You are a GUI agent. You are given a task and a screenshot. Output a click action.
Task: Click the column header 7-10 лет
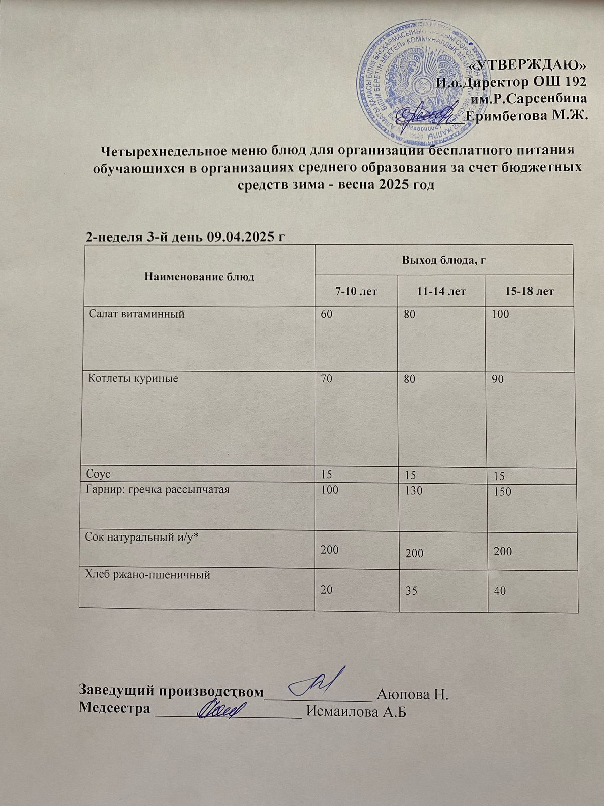click(356, 291)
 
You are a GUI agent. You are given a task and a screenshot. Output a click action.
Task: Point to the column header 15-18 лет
click(529, 291)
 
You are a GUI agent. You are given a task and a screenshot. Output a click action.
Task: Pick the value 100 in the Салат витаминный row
click(501, 315)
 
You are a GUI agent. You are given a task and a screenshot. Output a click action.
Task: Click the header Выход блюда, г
click(444, 260)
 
